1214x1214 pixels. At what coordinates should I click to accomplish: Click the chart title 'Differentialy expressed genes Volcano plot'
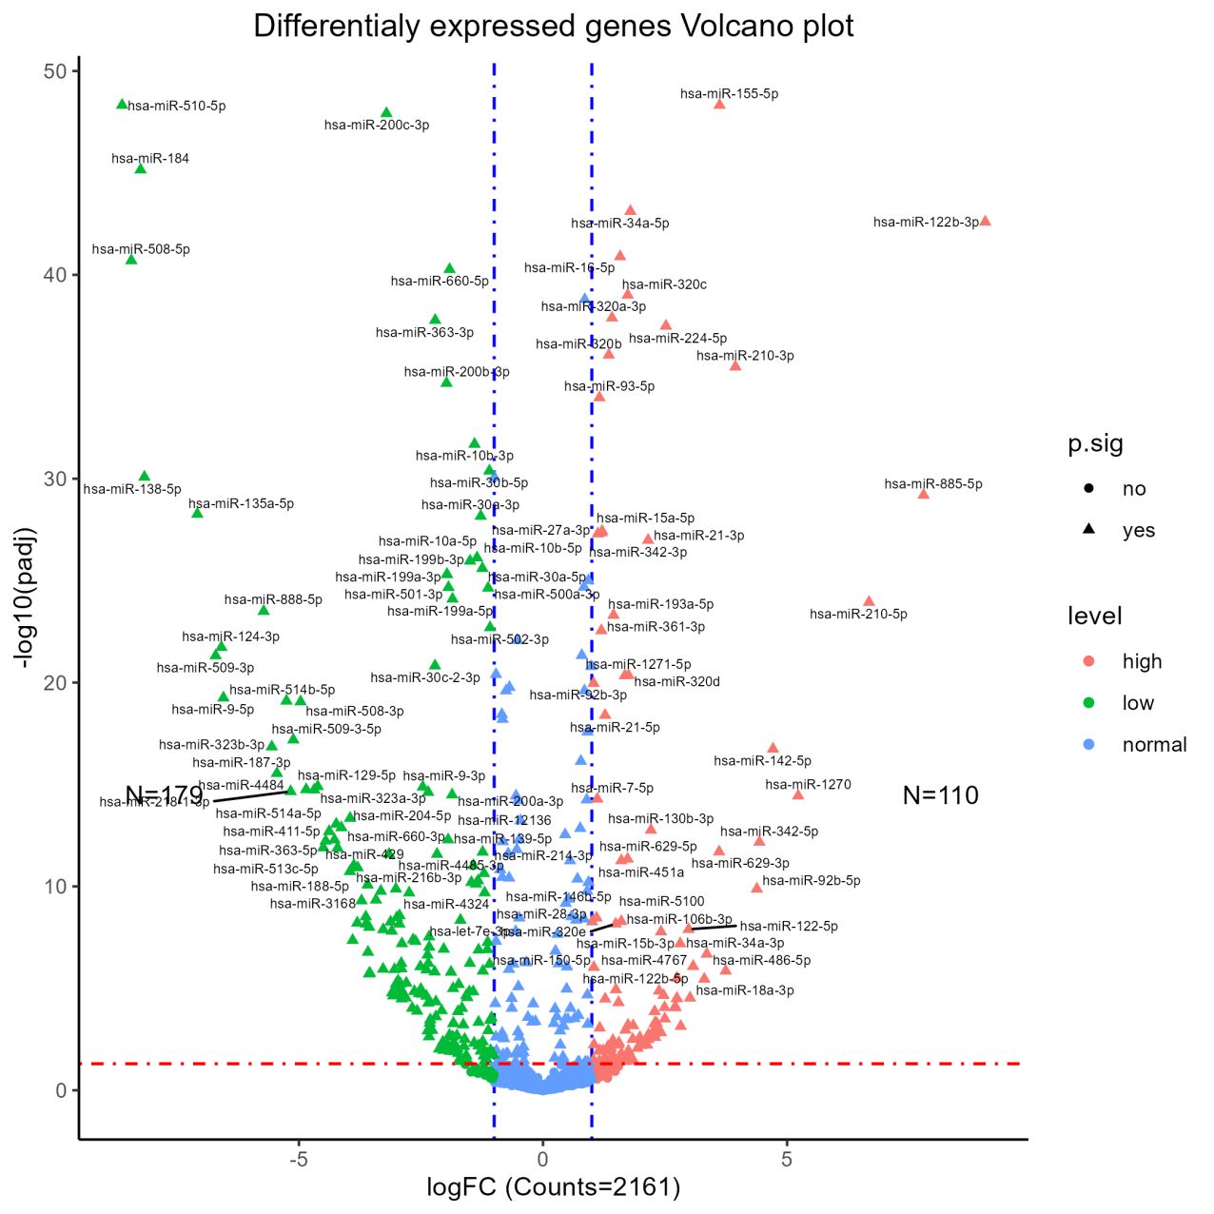553,26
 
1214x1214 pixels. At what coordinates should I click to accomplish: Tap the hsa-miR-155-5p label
729,93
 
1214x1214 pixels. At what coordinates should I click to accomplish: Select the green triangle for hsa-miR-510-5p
122,104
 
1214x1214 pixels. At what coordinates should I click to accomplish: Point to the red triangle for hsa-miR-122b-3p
985,221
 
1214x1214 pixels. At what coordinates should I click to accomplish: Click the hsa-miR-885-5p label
932,483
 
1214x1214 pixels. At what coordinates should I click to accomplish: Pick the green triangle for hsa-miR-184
140,168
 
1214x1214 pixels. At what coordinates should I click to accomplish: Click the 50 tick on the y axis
54,71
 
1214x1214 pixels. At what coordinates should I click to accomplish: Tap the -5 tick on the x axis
298,1159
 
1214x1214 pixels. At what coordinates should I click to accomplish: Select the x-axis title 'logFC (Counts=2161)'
553,1187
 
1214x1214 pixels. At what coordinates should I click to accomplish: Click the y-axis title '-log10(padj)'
26,597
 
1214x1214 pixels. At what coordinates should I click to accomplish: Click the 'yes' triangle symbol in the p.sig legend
1088,529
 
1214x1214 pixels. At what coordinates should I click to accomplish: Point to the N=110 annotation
940,795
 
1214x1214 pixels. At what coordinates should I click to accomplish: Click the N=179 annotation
164,794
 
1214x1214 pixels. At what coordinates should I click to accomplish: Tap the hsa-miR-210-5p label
858,614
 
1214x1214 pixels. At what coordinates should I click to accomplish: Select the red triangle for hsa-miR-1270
798,794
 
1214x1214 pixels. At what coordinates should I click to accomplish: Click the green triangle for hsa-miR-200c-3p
386,112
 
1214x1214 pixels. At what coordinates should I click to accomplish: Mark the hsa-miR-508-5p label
141,249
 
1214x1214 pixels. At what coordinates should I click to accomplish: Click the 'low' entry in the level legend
1137,703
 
